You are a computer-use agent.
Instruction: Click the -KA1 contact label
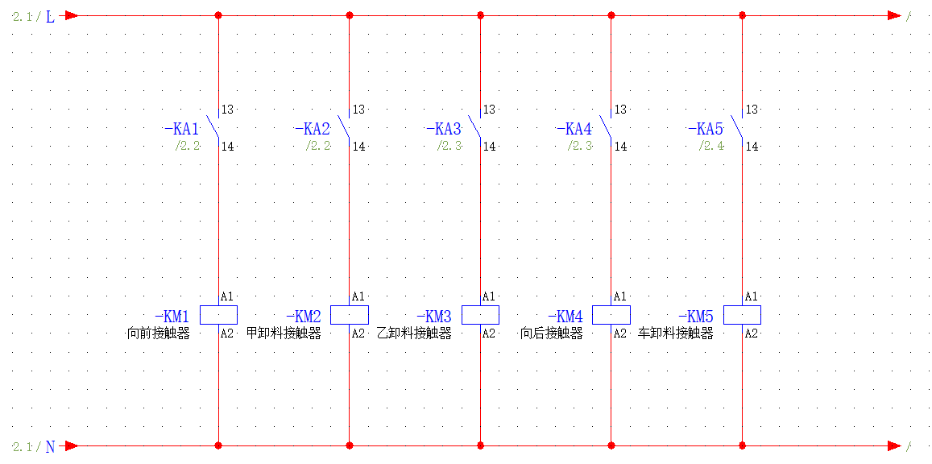point(182,129)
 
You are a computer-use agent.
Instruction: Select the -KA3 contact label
point(444,129)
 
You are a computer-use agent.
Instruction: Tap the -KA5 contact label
point(706,129)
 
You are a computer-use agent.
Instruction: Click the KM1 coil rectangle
point(219,315)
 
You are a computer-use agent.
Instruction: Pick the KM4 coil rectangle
point(611,315)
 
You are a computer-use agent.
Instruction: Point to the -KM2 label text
point(304,316)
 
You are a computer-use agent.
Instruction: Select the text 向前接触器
point(159,333)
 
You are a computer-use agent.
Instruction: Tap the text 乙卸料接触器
point(414,333)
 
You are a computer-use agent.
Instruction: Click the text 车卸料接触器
point(676,333)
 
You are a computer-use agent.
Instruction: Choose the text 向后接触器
point(552,333)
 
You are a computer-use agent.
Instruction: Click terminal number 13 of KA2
point(358,110)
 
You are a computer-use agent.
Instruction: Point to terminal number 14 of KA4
point(620,147)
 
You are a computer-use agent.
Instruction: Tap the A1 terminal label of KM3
point(489,296)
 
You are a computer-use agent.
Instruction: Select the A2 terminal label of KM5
point(752,333)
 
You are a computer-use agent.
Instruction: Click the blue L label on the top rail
point(51,17)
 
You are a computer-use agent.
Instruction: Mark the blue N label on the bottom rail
point(51,447)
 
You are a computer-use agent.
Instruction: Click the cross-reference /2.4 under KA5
point(711,146)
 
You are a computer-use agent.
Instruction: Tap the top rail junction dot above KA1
point(219,15)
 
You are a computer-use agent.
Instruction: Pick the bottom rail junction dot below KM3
point(480,445)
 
